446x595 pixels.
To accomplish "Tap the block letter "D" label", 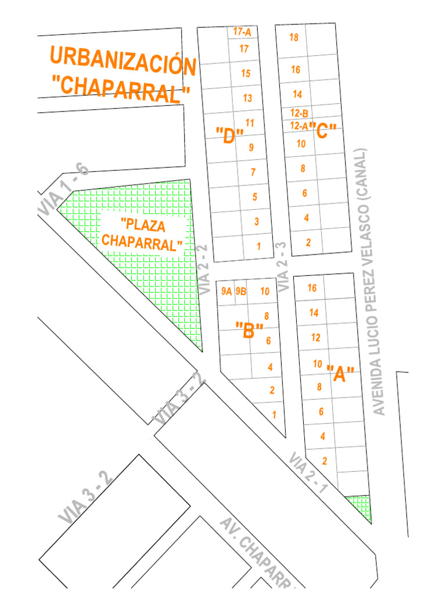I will coord(229,136).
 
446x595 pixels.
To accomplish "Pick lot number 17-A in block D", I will coord(242,33).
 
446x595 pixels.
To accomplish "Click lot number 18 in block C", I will coord(294,38).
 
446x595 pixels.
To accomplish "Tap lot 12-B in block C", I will coord(300,113).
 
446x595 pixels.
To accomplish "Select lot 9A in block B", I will coord(226,292).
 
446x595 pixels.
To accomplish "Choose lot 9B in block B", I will coord(241,292).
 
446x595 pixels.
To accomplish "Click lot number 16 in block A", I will coord(312,288).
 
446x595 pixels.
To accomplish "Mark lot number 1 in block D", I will coord(259,246).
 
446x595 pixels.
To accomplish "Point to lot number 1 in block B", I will coord(274,415).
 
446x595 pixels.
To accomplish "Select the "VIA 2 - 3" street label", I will coord(283,267).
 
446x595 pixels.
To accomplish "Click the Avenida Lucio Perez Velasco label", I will coord(372,282).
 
